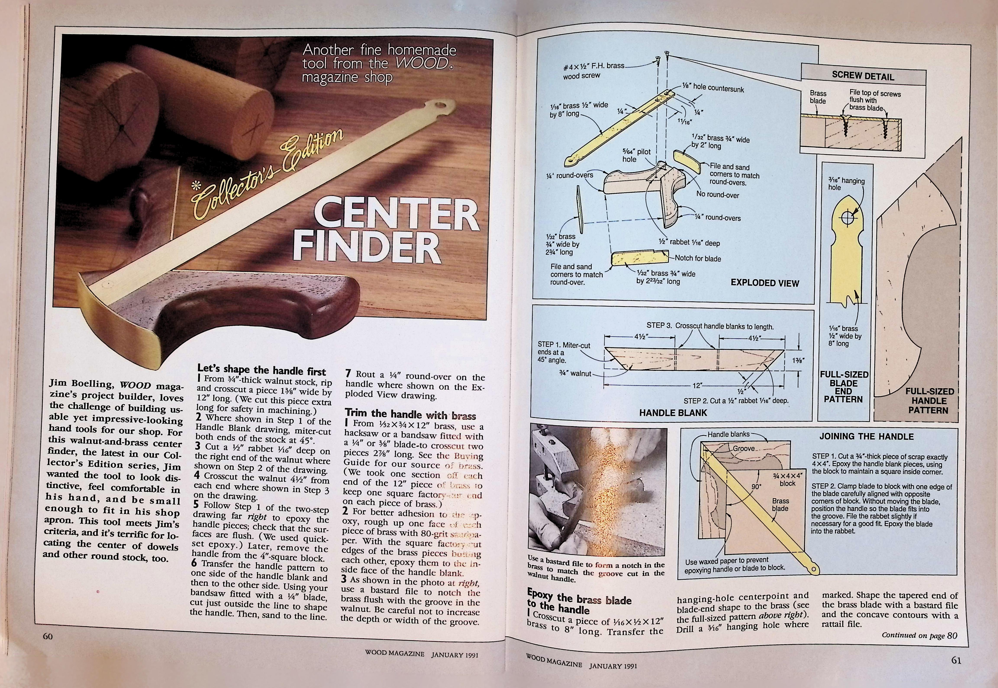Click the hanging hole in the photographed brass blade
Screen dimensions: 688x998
(439, 105)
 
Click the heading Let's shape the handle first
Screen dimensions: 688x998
(261, 370)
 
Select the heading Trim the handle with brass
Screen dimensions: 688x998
(410, 415)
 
